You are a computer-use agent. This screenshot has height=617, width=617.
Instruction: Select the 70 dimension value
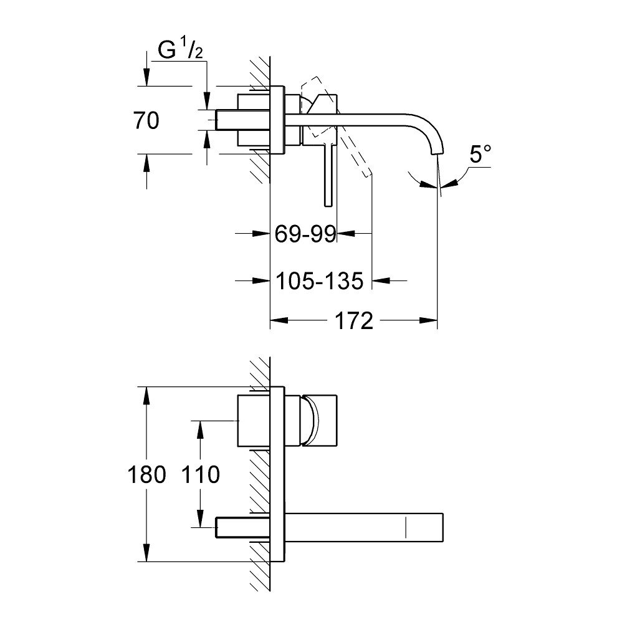[146, 120]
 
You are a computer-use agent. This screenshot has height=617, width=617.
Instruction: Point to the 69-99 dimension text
[305, 234]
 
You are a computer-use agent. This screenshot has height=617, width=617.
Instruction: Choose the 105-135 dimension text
[319, 282]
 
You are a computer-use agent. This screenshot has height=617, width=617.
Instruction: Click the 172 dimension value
[353, 322]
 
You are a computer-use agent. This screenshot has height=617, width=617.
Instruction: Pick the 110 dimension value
[199, 475]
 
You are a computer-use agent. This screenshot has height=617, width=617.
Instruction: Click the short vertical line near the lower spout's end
[406, 527]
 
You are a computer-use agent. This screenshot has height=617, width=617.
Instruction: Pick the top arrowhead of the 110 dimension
[200, 427]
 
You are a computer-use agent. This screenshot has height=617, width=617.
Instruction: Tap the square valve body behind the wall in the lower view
[254, 421]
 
